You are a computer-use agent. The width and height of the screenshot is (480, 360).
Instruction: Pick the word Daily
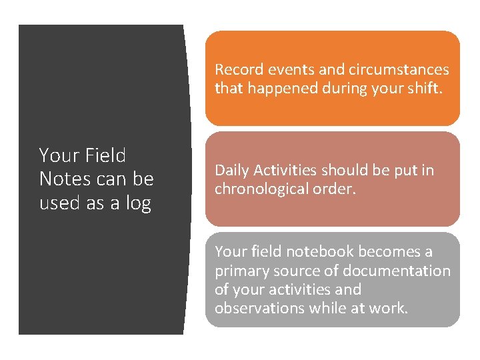(x=231, y=170)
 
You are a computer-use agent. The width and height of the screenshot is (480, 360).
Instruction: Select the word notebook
(x=323, y=251)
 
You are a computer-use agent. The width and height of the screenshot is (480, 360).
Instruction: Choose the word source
(x=298, y=271)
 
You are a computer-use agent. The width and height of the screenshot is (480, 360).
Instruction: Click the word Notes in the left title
(x=63, y=179)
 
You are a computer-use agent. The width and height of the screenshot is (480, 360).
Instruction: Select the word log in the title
(x=139, y=202)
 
